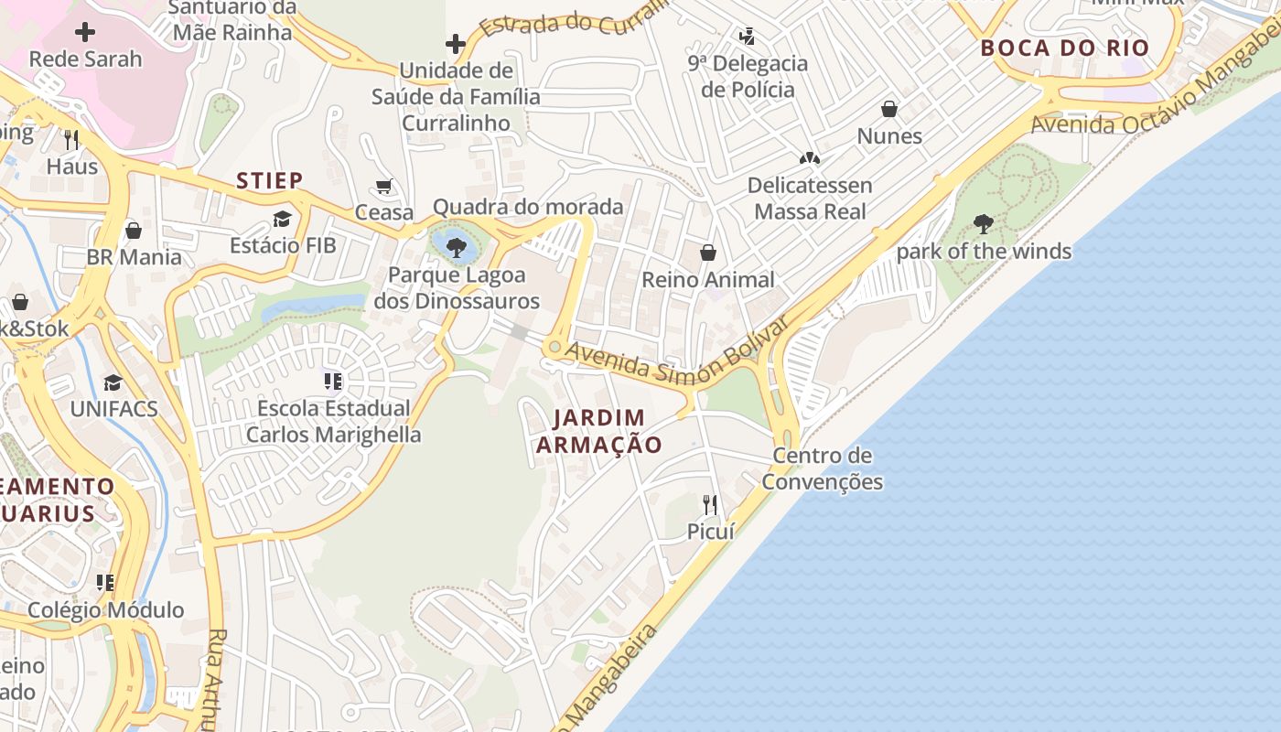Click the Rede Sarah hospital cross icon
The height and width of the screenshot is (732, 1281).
[x=85, y=33]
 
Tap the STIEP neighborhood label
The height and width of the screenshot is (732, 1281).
[x=269, y=180]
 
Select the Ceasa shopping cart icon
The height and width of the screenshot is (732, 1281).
[x=384, y=187]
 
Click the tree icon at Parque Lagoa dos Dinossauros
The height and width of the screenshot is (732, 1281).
[x=456, y=245]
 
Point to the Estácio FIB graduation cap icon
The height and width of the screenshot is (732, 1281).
[x=282, y=220]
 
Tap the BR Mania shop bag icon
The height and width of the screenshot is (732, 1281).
[x=134, y=231]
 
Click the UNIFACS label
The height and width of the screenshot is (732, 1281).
[x=114, y=408]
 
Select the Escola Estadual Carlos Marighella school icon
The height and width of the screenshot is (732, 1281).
[x=333, y=381]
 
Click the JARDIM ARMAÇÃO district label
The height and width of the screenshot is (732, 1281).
[x=599, y=431]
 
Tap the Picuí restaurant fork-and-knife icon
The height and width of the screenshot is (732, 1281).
[x=709, y=504]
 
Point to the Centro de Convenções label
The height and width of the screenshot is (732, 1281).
[x=822, y=468]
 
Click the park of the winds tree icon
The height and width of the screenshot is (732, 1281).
[x=984, y=224]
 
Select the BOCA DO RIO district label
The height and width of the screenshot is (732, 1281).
[x=1064, y=48]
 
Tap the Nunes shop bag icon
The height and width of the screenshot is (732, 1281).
[x=888, y=110]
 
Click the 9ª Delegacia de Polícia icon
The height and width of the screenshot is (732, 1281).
[x=748, y=37]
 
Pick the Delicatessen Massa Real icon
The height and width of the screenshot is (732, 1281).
[x=809, y=158]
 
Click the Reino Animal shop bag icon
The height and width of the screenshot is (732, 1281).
[x=707, y=253]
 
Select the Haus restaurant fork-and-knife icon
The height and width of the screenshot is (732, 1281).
[x=71, y=140]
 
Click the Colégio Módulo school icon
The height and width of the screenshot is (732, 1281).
[x=105, y=583]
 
